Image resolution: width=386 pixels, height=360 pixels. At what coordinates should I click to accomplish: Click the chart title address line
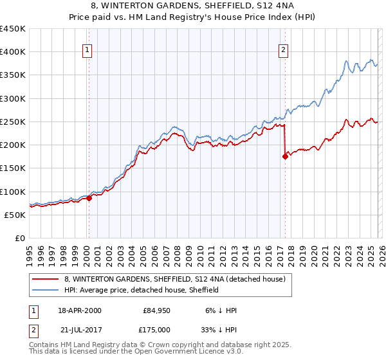pos(192,6)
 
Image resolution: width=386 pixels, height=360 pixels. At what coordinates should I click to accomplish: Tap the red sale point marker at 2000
pos(89,199)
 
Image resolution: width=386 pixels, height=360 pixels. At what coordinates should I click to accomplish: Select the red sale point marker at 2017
pos(285,156)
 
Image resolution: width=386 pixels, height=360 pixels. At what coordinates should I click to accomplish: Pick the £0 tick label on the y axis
pos(20,238)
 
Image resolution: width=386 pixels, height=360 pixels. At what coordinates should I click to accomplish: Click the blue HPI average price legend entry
pos(142,290)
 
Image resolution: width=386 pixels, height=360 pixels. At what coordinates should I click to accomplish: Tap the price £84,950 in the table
pos(156,310)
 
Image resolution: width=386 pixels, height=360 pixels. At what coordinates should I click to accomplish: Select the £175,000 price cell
pos(156,329)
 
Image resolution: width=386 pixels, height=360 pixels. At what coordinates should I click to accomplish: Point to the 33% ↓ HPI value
pos(223,329)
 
